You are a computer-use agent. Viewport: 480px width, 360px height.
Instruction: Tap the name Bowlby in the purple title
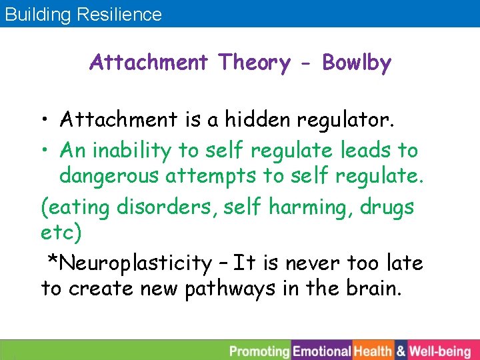click(x=357, y=63)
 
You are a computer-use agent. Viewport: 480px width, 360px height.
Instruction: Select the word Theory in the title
click(x=254, y=63)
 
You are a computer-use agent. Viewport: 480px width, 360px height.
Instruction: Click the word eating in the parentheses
click(x=80, y=207)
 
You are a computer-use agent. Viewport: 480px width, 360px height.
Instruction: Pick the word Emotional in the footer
click(x=322, y=351)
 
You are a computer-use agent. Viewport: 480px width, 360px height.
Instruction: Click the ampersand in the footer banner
click(x=401, y=351)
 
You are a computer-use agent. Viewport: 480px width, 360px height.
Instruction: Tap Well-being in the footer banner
click(x=439, y=351)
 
